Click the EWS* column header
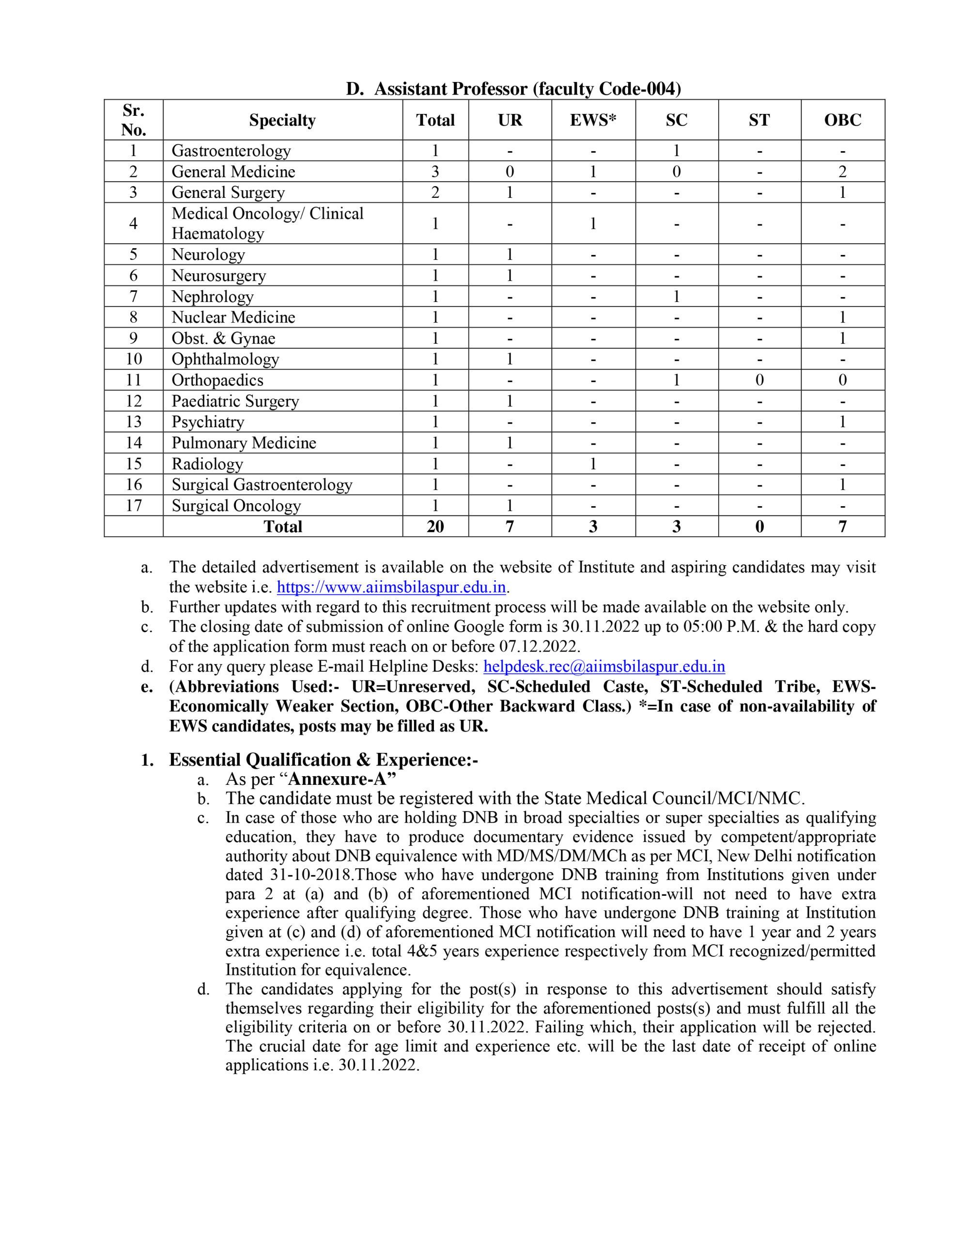pyautogui.click(x=593, y=120)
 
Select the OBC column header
pyautogui.click(x=842, y=120)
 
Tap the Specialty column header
pyautogui.click(x=282, y=120)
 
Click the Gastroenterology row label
pyautogui.click(x=231, y=151)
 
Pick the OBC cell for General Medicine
pyautogui.click(x=842, y=172)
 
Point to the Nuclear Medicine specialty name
pyautogui.click(x=233, y=317)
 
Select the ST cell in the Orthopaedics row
pyautogui.click(x=759, y=380)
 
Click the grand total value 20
pyautogui.click(x=435, y=526)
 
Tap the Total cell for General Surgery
pyautogui.click(x=435, y=192)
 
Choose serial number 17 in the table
pyautogui.click(x=134, y=505)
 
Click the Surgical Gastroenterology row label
pyautogui.click(x=262, y=485)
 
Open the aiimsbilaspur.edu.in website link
pyautogui.click(x=391, y=587)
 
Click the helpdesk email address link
pyautogui.click(x=603, y=666)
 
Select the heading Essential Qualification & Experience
pyautogui.click(x=323, y=760)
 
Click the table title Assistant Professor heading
pyautogui.click(x=513, y=89)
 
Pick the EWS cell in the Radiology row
pyautogui.click(x=593, y=463)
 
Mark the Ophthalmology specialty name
pyautogui.click(x=225, y=359)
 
